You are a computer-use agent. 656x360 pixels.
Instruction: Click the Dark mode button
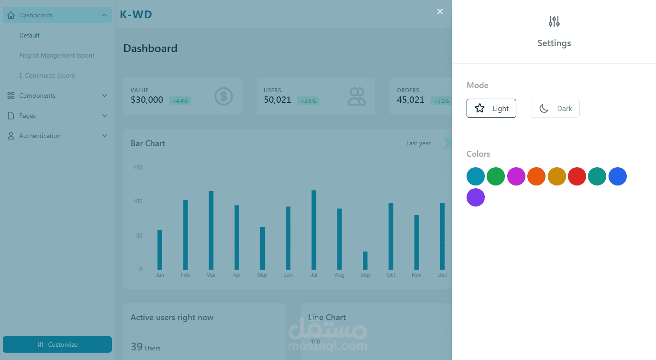(555, 108)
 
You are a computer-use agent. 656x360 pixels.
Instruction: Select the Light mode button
(491, 108)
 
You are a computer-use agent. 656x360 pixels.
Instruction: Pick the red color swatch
(577, 176)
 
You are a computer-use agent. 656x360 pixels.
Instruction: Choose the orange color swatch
(536, 176)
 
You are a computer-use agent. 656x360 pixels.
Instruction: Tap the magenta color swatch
(516, 176)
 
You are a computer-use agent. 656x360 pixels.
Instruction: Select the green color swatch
(496, 176)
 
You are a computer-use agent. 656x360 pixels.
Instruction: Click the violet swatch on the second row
(476, 197)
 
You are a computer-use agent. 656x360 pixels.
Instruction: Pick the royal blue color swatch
(618, 176)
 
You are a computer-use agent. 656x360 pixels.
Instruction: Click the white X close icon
(440, 11)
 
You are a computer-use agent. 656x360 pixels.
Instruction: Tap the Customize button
(57, 344)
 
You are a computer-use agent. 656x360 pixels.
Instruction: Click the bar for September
(365, 260)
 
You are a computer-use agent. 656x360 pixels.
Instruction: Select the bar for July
(314, 230)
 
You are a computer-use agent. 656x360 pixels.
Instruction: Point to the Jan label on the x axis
(160, 275)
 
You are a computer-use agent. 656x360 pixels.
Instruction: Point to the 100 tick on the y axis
(138, 201)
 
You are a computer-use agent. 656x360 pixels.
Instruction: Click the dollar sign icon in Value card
(223, 96)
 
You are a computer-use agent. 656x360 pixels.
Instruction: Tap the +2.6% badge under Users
(308, 101)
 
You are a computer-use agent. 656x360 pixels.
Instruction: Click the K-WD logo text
(136, 14)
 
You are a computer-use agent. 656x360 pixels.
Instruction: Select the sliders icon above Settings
(554, 21)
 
